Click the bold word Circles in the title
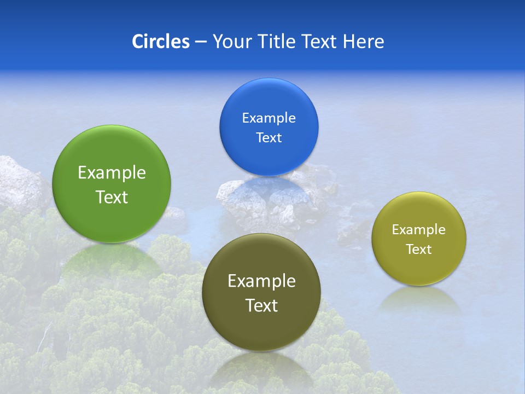[x=160, y=42]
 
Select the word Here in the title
[x=363, y=42]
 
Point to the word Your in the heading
[x=232, y=42]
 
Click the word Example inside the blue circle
[x=269, y=118]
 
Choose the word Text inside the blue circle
[x=269, y=138]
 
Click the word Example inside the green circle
[x=112, y=173]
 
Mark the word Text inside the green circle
[x=112, y=197]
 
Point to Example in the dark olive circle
[x=261, y=281]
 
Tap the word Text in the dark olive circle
[x=261, y=305]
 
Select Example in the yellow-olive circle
[x=419, y=230]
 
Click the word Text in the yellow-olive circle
[x=419, y=250]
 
